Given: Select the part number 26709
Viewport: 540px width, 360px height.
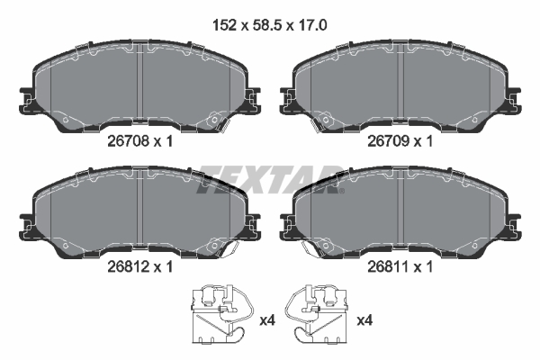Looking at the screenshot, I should (389, 141).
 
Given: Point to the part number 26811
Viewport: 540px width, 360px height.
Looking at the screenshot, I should (389, 266).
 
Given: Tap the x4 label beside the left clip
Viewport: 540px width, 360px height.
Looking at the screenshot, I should (266, 320).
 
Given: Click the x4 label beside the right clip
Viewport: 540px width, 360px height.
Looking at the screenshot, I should (366, 320).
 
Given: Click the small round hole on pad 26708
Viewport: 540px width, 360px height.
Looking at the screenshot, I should (215, 116).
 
